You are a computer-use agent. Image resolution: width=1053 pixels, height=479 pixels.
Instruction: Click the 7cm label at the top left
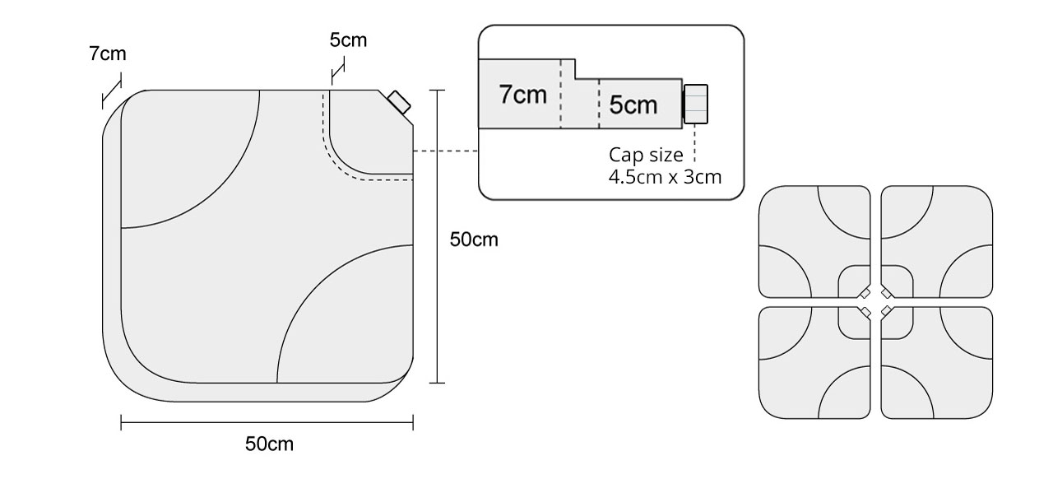[108, 54]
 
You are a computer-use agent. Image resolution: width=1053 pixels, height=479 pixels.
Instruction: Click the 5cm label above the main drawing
[348, 39]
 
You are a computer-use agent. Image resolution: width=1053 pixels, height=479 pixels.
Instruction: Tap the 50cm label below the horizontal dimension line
[269, 444]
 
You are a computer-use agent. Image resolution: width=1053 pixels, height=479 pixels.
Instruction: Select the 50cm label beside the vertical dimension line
[474, 239]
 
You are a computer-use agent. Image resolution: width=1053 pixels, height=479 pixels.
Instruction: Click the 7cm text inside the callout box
[522, 95]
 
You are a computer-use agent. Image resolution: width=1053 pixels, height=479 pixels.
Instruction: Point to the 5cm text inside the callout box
[633, 105]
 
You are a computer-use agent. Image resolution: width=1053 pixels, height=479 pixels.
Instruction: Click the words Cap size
[646, 155]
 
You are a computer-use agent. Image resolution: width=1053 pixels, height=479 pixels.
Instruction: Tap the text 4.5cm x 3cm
[666, 175]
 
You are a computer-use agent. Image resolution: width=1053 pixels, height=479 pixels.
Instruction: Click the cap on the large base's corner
[400, 102]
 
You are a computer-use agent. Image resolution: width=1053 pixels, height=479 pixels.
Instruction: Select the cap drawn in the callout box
[696, 103]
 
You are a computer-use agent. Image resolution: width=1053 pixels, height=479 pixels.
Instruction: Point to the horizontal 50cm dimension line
[267, 424]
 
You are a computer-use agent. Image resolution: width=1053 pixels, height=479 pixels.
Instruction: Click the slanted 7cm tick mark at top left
[111, 91]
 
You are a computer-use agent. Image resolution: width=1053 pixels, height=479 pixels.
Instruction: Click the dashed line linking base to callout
[445, 151]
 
